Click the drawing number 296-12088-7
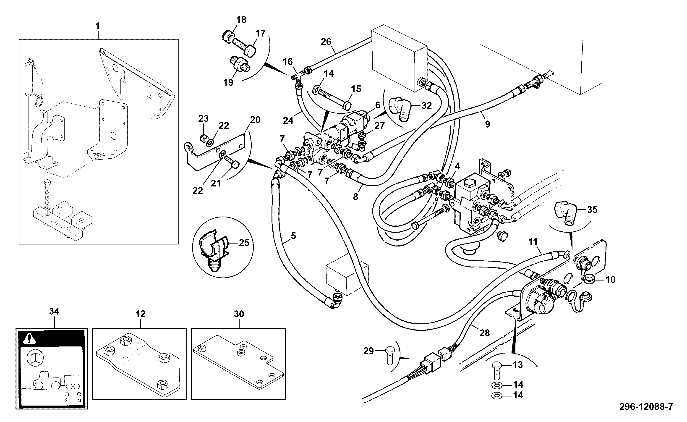click(646, 407)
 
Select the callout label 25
click(244, 243)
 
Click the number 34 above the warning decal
click(54, 312)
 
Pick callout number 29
click(368, 351)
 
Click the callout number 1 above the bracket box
click(97, 26)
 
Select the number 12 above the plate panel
click(140, 314)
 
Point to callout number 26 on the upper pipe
click(326, 42)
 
